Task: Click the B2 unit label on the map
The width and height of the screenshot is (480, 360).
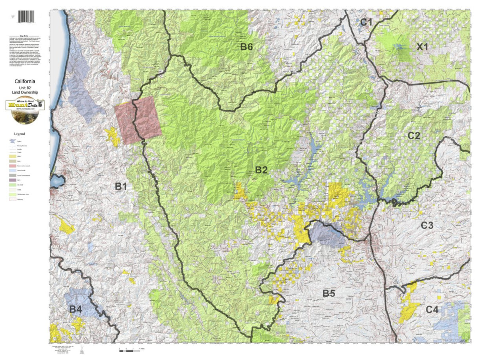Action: [261, 170]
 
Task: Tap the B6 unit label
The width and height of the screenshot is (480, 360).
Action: [246, 47]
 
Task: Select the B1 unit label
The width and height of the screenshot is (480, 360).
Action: [121, 186]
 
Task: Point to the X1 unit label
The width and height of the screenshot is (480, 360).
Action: [422, 47]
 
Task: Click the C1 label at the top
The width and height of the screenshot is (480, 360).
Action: [366, 22]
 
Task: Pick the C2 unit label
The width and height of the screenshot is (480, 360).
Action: [414, 136]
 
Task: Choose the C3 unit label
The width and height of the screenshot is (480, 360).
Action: [427, 226]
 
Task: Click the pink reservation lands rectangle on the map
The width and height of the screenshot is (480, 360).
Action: [138, 119]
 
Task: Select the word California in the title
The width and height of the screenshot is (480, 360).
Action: [25, 80]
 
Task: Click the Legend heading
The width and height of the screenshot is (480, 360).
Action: [20, 134]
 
